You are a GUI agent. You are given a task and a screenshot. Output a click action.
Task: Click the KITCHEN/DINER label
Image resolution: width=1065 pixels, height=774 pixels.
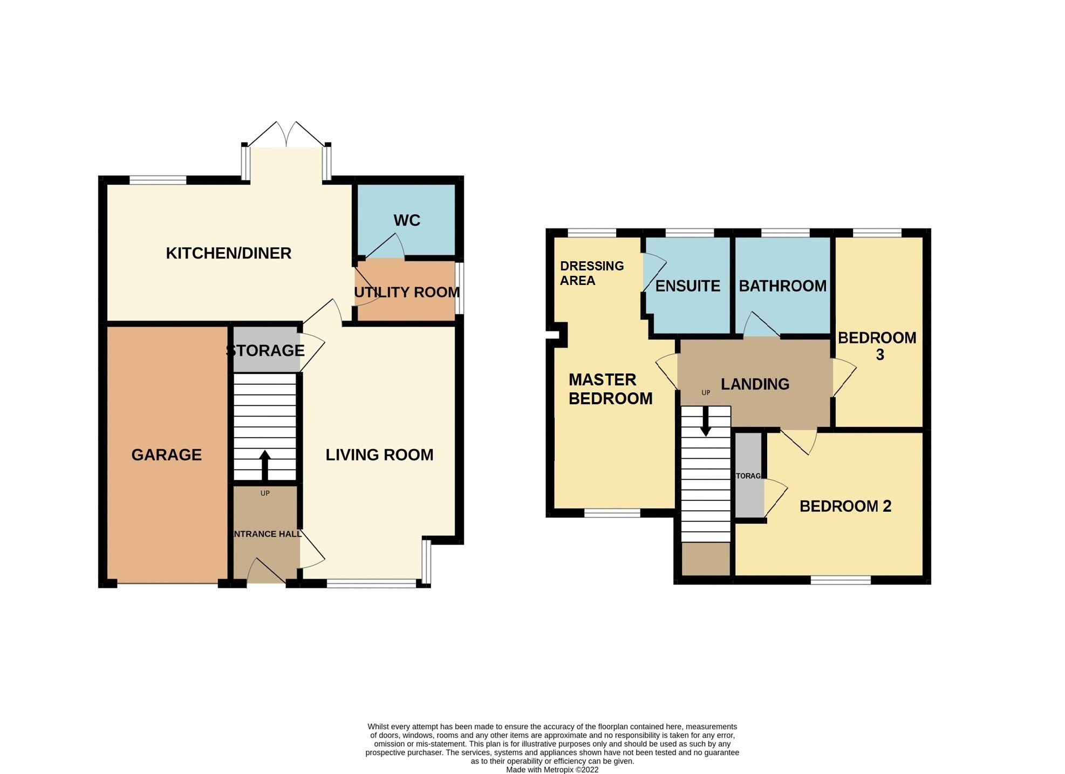(x=228, y=253)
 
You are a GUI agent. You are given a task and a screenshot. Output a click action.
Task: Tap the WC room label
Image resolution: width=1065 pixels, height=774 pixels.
(x=406, y=220)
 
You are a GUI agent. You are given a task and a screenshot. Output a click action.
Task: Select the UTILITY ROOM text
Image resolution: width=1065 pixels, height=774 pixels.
(x=406, y=292)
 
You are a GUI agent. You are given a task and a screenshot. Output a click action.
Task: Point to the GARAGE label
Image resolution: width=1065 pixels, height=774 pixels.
(x=166, y=454)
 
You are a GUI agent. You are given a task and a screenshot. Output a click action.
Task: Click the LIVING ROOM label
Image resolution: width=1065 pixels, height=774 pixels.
(x=379, y=454)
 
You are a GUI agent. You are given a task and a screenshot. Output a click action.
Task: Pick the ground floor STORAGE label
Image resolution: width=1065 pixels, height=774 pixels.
(x=265, y=350)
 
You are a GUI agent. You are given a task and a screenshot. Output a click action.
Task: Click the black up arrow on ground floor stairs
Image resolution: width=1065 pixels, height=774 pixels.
(x=264, y=464)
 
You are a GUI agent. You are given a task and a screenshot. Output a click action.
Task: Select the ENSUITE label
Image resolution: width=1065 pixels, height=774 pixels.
(x=687, y=286)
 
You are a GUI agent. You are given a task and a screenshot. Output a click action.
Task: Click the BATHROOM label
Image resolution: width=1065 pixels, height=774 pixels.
(x=782, y=286)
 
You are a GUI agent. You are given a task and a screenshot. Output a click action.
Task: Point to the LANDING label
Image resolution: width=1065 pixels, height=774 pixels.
(x=755, y=384)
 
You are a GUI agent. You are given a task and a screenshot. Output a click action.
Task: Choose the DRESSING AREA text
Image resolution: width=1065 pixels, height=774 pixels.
(x=591, y=273)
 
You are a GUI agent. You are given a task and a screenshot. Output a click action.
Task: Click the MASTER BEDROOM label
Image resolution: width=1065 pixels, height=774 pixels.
(x=610, y=389)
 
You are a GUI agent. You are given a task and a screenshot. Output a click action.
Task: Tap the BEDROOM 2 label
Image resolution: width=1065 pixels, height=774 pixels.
(x=845, y=506)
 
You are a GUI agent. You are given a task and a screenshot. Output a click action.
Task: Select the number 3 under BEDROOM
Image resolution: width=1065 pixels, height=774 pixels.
(x=879, y=355)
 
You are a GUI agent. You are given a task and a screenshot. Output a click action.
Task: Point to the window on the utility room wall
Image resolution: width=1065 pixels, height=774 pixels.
(x=459, y=288)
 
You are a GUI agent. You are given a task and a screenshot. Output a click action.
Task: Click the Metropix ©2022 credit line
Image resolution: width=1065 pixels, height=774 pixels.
(x=552, y=770)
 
